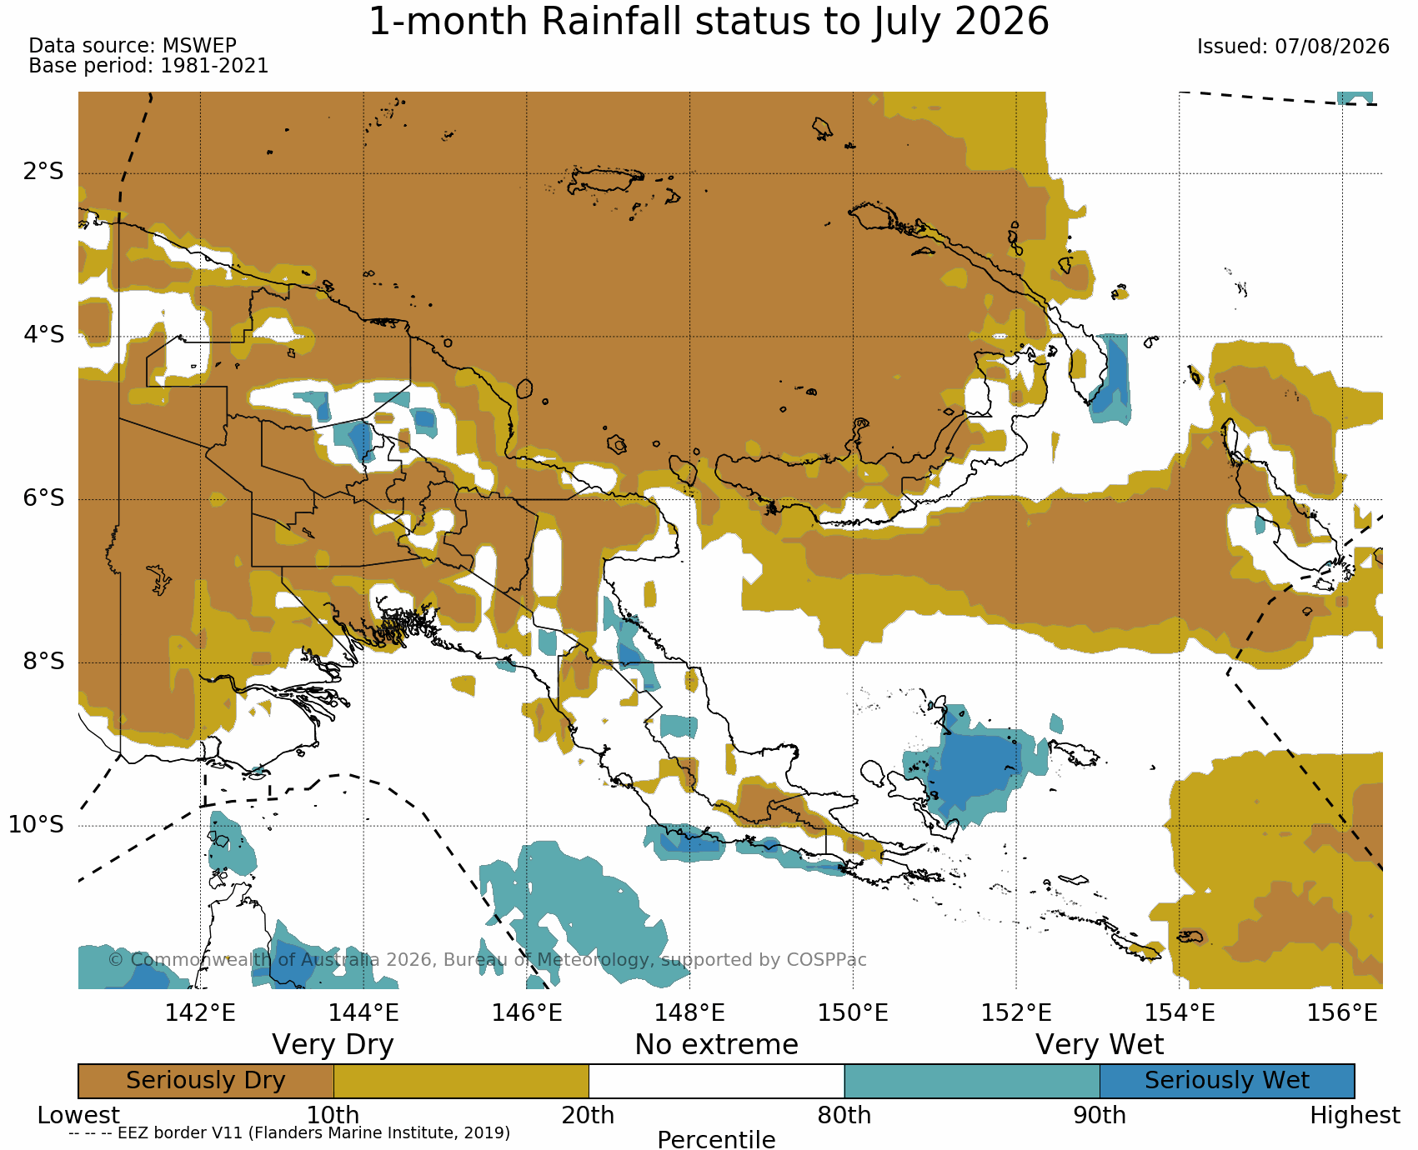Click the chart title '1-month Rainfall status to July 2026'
(709, 22)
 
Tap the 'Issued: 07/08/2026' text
(1293, 47)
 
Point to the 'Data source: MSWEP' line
(133, 46)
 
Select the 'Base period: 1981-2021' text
(148, 66)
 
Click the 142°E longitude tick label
(200, 1013)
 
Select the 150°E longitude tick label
(853, 1013)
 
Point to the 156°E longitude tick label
(1342, 1013)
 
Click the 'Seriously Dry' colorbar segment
(206, 1081)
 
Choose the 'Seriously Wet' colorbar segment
(1227, 1081)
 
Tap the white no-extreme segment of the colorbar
(716, 1081)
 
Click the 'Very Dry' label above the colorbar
(333, 1045)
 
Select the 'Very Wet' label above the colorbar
(1100, 1045)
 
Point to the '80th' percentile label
(844, 1115)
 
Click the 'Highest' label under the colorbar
(1355, 1115)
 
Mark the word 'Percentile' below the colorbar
(716, 1139)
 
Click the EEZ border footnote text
(289, 1132)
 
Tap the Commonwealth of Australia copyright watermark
(488, 960)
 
